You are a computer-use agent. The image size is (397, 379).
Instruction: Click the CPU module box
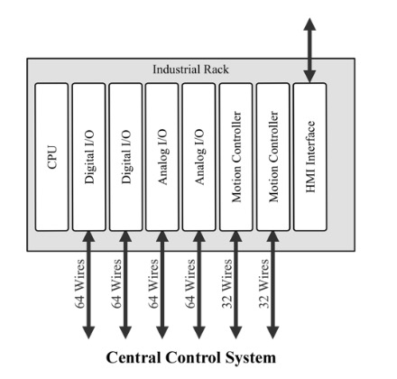click(51, 156)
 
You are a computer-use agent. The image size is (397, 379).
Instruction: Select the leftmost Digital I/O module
click(88, 156)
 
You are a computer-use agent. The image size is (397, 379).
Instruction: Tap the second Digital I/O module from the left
click(125, 156)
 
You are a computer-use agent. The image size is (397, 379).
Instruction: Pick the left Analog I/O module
click(162, 156)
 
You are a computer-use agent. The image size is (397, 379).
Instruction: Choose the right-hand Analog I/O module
click(199, 156)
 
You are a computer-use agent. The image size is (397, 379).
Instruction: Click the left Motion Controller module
click(236, 156)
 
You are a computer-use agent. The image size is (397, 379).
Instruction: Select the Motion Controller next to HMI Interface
click(273, 156)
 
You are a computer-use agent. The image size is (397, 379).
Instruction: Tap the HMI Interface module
click(310, 156)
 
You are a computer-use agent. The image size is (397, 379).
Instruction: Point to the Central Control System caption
click(198, 357)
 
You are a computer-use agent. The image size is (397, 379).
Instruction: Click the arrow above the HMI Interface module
click(311, 50)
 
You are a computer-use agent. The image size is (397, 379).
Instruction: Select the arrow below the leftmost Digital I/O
click(89, 284)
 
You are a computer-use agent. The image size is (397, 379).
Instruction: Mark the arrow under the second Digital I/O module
click(126, 284)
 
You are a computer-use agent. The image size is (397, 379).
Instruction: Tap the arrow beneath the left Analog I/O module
click(163, 284)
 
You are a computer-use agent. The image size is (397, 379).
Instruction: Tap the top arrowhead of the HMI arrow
click(311, 25)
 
